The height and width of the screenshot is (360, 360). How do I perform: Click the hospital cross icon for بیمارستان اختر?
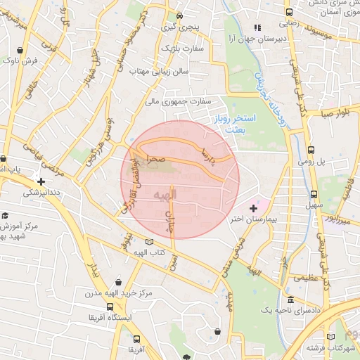tap(253, 209)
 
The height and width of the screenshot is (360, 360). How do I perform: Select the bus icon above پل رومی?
tap(311, 150)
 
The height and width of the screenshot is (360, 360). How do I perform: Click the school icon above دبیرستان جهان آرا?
tap(257, 28)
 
